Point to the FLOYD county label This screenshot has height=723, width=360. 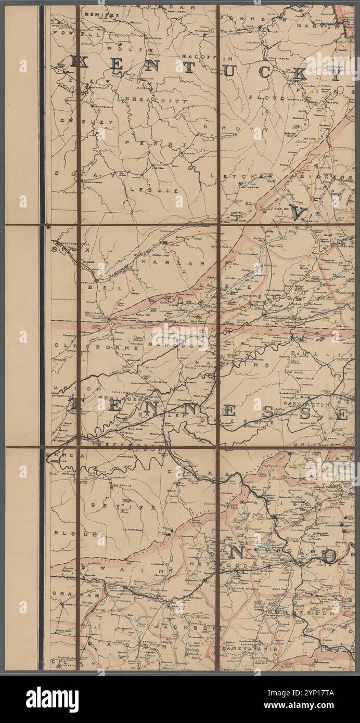pos(274,97)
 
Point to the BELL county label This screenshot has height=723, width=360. pos(99,287)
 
